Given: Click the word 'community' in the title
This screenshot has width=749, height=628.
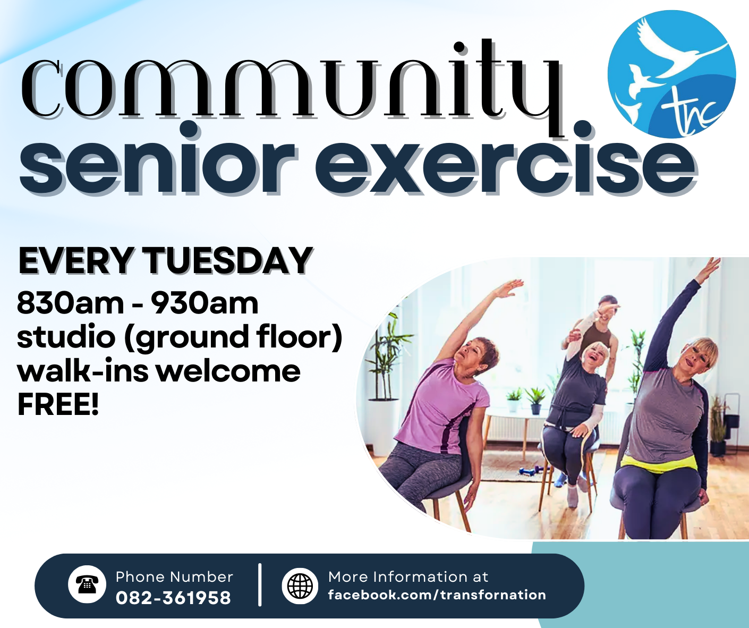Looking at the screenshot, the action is (291, 88).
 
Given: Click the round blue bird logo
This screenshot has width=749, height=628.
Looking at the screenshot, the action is (671, 73).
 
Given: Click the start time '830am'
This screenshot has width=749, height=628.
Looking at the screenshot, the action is (70, 303).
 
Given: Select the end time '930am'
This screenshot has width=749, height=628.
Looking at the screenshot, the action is (205, 303).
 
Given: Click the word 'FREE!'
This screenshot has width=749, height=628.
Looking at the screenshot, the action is (58, 404).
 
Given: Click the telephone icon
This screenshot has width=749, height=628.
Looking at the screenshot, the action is (87, 585).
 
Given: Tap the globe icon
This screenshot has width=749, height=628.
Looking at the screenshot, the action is (300, 585).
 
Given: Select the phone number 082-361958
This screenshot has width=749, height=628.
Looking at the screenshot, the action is (173, 598).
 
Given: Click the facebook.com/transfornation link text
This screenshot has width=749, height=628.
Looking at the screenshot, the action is (437, 595).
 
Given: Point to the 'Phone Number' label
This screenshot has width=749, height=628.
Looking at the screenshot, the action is (174, 577).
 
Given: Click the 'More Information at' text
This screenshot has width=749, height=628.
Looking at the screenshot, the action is (408, 577).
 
